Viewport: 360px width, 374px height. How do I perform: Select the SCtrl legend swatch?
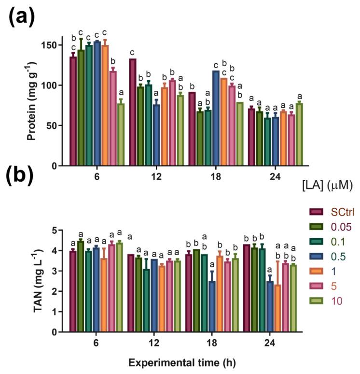pos(316,212)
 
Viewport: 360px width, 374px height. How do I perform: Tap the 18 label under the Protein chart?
pos(216,177)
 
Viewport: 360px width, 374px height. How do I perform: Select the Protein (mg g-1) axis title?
pos(31,101)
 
